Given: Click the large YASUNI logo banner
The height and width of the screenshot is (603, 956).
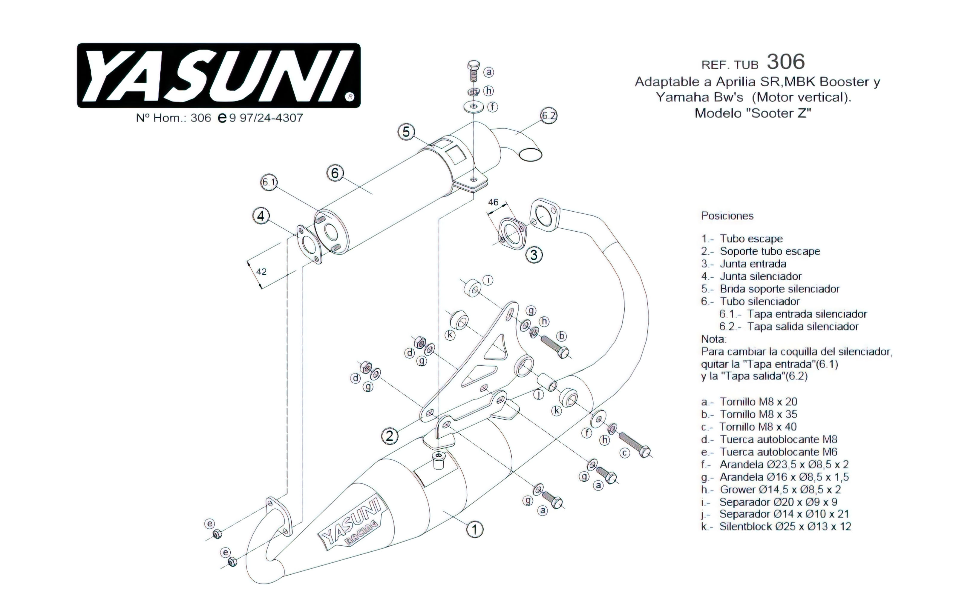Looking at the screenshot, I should click(218, 75).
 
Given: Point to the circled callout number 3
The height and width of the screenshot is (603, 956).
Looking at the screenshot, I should click(534, 255).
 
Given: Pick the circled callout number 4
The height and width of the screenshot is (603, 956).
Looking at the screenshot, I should click(261, 216).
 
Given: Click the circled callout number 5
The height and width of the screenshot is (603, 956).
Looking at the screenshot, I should click(406, 132).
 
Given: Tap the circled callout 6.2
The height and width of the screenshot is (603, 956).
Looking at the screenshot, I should click(549, 116).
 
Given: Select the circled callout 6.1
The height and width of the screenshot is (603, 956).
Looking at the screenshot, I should click(269, 182).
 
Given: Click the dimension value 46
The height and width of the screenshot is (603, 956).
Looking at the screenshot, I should click(493, 202).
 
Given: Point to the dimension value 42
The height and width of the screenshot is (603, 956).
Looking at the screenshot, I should click(261, 272).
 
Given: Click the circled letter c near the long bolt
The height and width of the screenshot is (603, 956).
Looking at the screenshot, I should click(624, 453).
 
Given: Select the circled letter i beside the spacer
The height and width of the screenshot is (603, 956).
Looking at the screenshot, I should click(488, 280).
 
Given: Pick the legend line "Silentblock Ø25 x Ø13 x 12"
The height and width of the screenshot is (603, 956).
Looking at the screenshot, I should click(776, 527).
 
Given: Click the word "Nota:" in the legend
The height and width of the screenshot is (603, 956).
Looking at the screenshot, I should click(713, 339).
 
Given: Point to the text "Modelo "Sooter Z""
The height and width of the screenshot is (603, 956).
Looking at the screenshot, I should click(752, 113).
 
